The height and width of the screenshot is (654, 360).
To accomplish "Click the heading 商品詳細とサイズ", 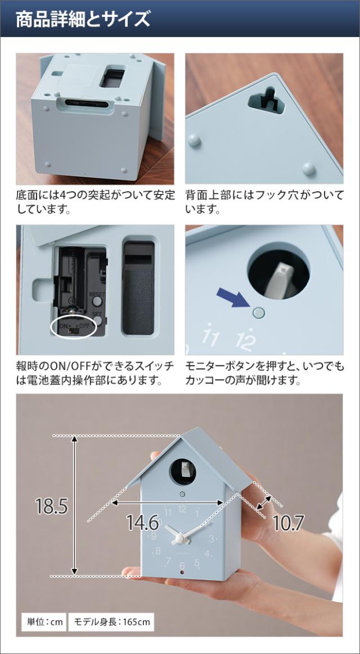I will coord(83,19).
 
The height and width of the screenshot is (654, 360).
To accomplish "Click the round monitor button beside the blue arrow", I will coord(258,311).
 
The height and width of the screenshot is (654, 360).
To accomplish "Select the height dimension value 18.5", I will coord(51,507).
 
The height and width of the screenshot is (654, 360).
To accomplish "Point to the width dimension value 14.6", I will coord(142,523).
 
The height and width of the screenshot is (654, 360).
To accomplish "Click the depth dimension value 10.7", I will coord(288,523).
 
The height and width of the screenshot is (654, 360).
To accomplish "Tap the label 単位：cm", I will coord(44,622).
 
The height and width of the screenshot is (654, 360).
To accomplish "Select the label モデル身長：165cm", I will coord(112,622).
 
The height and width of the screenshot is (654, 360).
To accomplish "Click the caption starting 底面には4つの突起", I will coord(95,202).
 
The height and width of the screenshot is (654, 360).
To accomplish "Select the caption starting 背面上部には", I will coord(264,202).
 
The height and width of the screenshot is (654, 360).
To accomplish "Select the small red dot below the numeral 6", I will coord(181,572).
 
